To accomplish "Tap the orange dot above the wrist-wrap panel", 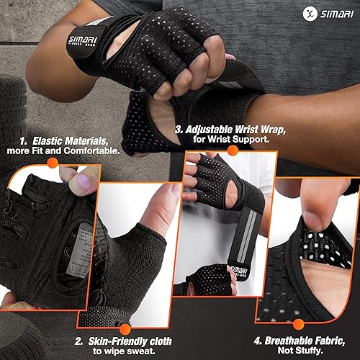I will pyautogui.click(x=232, y=150).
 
